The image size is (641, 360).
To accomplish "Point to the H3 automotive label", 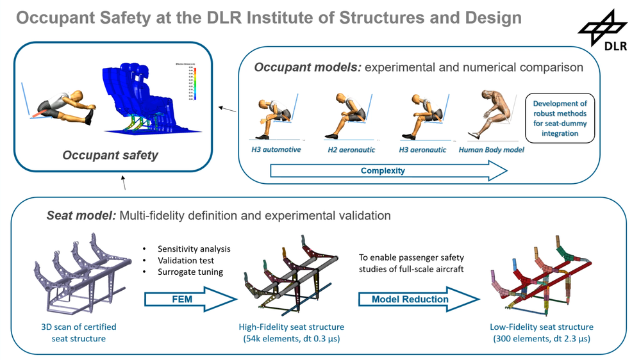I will point(276,149).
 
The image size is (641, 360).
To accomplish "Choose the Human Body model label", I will point(492,149).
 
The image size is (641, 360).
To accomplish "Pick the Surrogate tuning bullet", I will point(190,272).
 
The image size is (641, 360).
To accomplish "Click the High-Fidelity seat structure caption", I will point(288,332).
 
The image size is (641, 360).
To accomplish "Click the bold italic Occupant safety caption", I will point(110,155).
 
